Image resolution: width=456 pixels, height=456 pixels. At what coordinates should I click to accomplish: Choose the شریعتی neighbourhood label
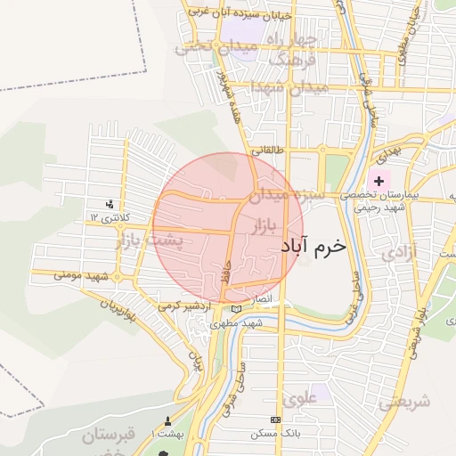click(402, 402)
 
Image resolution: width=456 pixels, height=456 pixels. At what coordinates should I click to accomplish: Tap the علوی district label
click(301, 398)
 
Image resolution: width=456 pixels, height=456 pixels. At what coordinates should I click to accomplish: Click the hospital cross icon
click(379, 180)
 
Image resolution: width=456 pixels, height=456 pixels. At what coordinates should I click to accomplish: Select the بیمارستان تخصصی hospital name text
click(380, 193)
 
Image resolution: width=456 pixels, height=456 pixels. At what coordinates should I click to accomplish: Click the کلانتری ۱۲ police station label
click(110, 217)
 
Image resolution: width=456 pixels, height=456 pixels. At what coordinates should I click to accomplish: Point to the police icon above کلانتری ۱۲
click(110, 204)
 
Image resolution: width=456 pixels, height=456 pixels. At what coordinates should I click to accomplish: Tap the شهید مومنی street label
click(79, 276)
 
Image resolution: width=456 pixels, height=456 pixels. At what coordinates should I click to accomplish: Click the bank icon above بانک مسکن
click(274, 419)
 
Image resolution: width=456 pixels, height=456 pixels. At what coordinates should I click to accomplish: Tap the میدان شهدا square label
click(290, 88)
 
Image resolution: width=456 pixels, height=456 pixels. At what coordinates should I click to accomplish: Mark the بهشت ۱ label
click(166, 432)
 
